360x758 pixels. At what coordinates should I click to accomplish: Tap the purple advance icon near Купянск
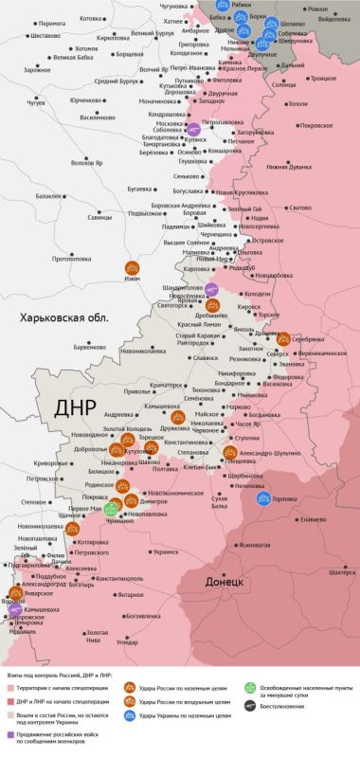tap(193, 130)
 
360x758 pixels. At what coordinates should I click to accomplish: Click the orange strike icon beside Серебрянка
tap(283, 336)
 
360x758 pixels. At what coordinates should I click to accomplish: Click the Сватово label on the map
tap(300, 208)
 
